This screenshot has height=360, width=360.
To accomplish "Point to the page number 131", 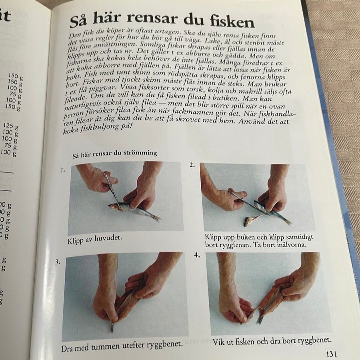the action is [331, 354].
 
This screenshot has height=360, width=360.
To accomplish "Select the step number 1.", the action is [63, 170].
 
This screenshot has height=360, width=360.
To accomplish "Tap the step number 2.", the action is [192, 165].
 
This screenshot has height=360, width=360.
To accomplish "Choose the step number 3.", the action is [58, 262].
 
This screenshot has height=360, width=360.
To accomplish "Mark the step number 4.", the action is [197, 255].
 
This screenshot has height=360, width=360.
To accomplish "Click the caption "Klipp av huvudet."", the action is [94, 239].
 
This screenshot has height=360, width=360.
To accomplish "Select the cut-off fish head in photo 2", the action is [249, 221].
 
